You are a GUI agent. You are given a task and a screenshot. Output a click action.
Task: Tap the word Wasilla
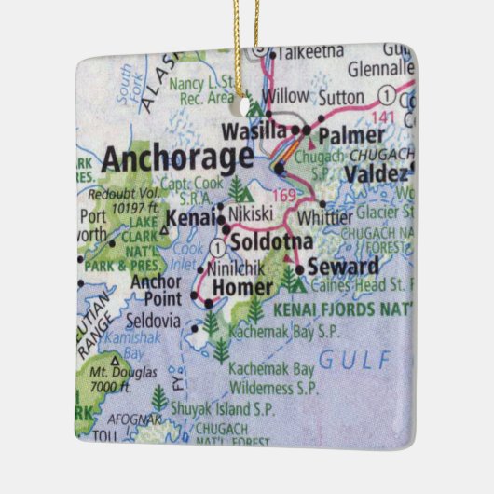click(x=253, y=131)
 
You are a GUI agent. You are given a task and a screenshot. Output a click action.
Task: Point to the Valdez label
click(x=376, y=174)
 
